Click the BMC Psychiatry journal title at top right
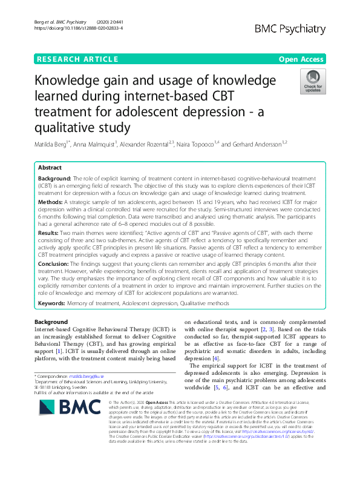[x=290, y=28]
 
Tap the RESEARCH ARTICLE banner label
[x=77, y=59]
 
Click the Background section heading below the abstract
[x=51, y=322]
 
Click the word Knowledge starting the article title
[x=72, y=81]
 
